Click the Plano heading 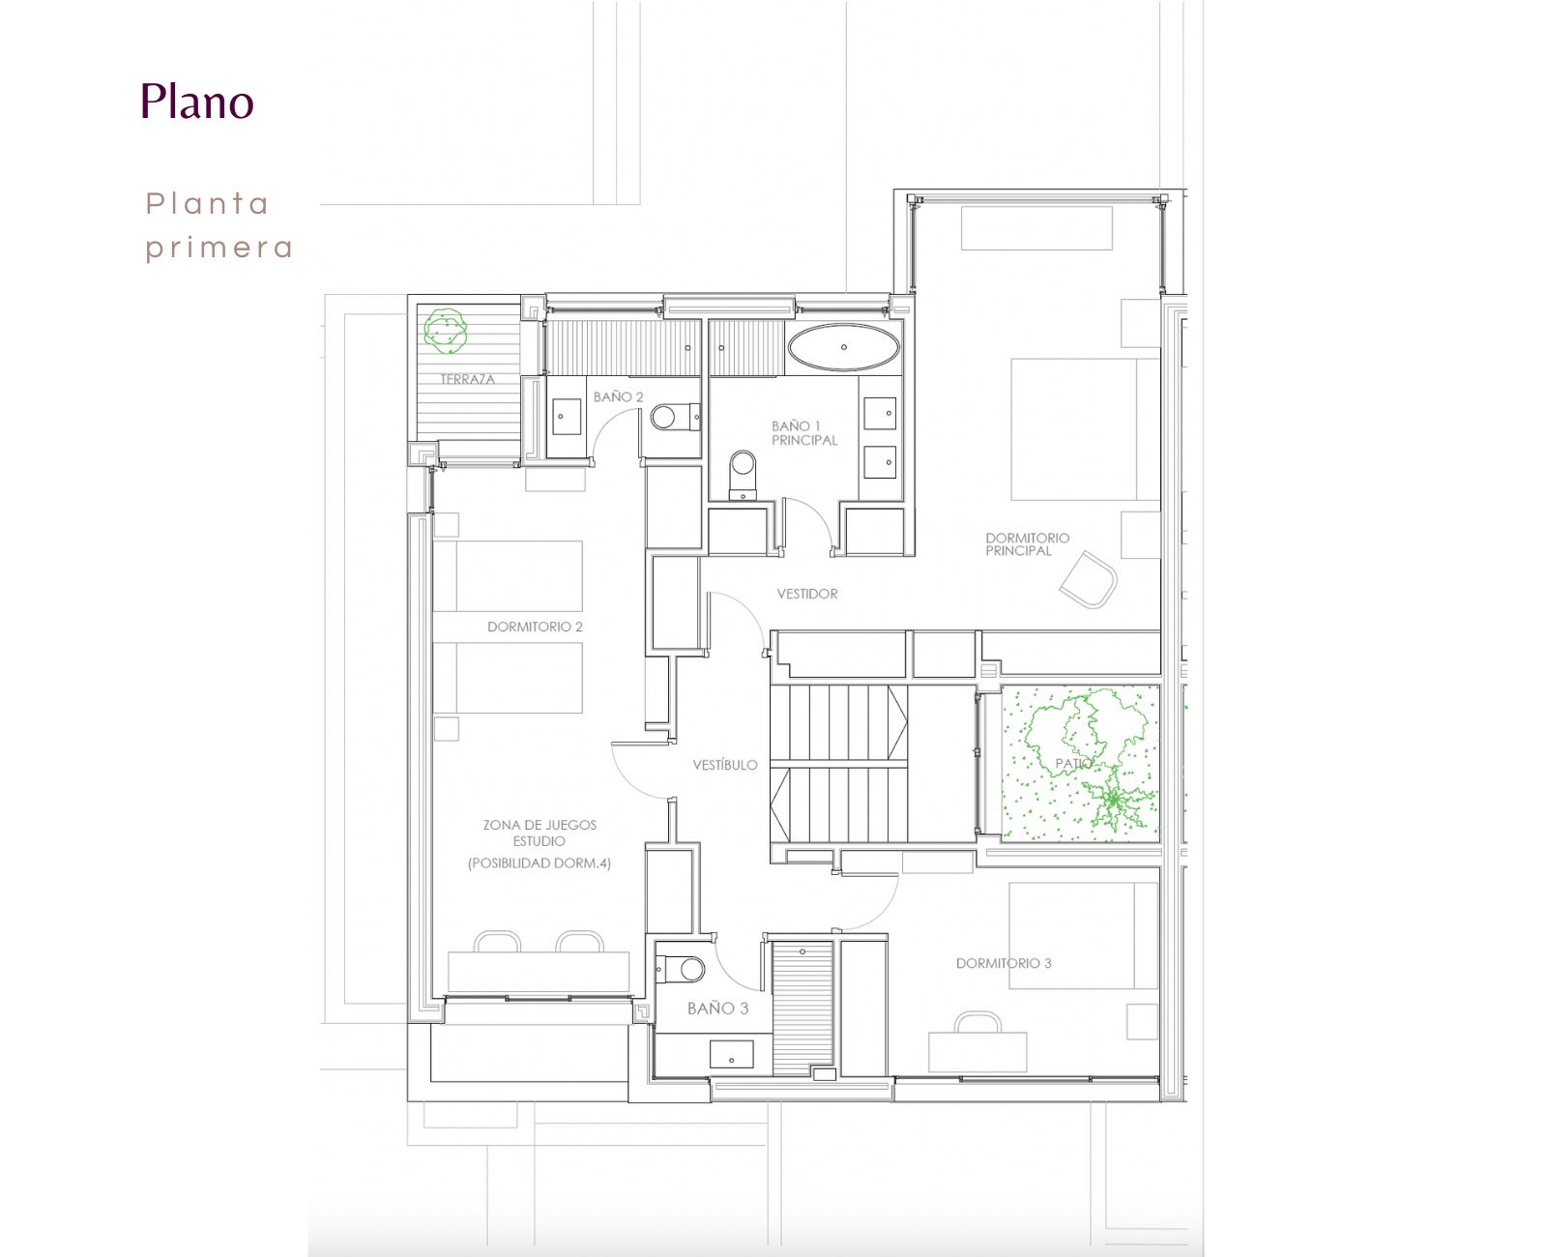coord(197,101)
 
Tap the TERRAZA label coord(467,379)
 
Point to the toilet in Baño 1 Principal coord(743,475)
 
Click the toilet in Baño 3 coord(680,969)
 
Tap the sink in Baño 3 coord(731,1054)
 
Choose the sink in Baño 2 coord(567,417)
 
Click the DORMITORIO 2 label coord(535,627)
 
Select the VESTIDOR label coord(807,594)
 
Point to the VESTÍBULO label coord(725,765)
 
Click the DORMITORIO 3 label coord(1003,963)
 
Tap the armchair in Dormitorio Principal coord(1088,579)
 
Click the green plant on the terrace coord(445,331)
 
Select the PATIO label coord(1073,763)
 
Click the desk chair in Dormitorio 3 coord(978,1023)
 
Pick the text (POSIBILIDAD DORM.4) coord(539,863)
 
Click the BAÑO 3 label coord(717,1008)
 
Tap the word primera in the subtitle coord(219,249)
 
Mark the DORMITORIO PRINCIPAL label coord(1027,544)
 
